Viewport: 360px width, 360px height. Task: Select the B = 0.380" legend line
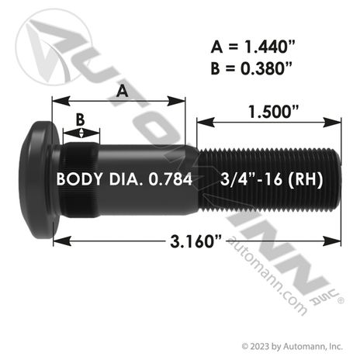251,68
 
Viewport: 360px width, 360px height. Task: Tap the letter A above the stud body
122,92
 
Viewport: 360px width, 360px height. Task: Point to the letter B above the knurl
81,119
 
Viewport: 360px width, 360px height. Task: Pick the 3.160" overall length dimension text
196,241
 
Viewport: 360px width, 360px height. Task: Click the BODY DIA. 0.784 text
124,179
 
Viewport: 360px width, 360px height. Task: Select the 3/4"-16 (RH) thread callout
272,179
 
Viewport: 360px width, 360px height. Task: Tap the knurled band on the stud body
81,180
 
